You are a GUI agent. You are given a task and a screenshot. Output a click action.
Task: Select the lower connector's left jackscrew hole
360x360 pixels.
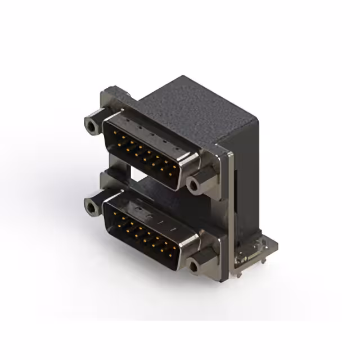tap(91, 207)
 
